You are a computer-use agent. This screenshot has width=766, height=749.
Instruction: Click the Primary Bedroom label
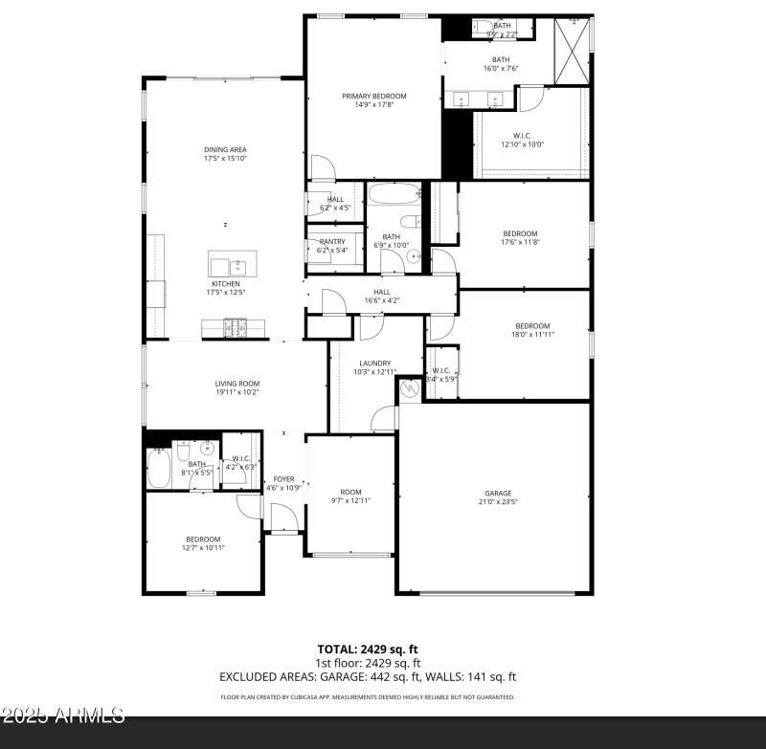pyautogui.click(x=374, y=96)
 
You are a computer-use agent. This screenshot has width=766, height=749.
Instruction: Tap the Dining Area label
pyautogui.click(x=225, y=149)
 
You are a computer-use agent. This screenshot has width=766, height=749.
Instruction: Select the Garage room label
pyautogui.click(x=497, y=493)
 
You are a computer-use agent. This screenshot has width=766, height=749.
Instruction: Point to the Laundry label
pyautogui.click(x=374, y=363)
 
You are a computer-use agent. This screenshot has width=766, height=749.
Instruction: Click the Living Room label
pyautogui.click(x=237, y=384)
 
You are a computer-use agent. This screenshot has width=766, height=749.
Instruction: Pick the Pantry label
pyautogui.click(x=332, y=241)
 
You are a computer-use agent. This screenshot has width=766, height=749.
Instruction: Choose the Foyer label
pyautogui.click(x=284, y=478)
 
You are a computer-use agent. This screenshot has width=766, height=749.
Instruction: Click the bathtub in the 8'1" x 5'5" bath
pyautogui.click(x=158, y=469)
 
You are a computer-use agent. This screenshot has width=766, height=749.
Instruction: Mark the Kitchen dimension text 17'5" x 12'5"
pyautogui.click(x=225, y=293)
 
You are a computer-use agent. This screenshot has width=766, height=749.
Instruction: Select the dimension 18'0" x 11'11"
pyautogui.click(x=532, y=334)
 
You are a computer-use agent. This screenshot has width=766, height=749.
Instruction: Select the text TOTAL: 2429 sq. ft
pyautogui.click(x=368, y=650)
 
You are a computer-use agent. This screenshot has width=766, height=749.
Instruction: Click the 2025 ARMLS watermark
pyautogui.click(x=63, y=716)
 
